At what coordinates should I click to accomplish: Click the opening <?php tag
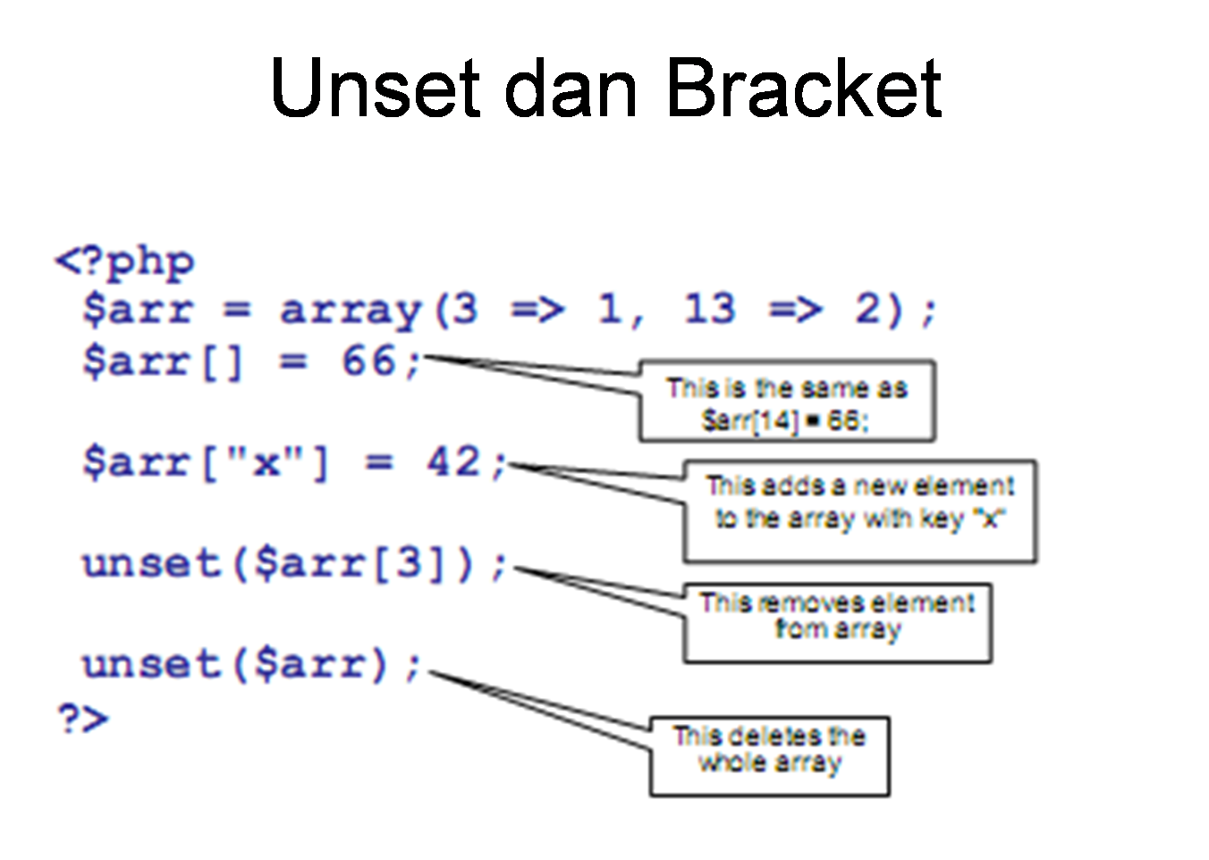124,262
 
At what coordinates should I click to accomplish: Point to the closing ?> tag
82,718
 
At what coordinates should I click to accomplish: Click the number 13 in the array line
709,309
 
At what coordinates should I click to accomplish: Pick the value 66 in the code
368,362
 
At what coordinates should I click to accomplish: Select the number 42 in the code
453,463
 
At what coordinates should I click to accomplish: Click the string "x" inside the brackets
266,463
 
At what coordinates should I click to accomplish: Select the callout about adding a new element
859,510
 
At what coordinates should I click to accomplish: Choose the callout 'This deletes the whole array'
769,755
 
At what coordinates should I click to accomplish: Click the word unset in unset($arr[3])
150,564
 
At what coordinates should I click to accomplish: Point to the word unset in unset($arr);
150,664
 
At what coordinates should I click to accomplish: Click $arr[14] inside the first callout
749,419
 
